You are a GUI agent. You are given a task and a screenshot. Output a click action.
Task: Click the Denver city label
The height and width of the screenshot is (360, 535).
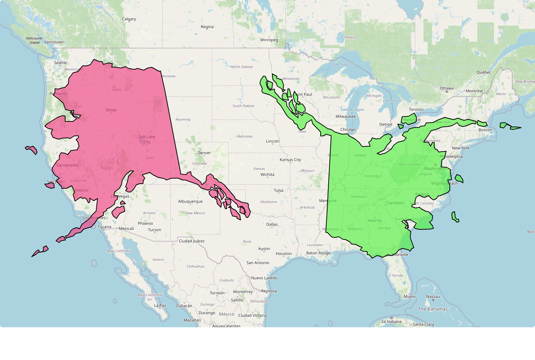tap(204, 153)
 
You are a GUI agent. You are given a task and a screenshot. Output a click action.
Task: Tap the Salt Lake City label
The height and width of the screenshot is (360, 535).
tap(147, 139)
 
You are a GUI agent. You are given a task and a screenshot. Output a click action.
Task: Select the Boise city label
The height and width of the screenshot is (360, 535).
tap(111, 110)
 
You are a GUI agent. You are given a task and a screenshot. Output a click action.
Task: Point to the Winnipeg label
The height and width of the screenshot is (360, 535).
tap(269, 40)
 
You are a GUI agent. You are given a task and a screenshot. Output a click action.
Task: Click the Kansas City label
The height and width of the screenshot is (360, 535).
tap(290, 160)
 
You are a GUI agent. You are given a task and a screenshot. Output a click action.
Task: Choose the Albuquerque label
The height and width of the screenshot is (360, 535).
tap(190, 201)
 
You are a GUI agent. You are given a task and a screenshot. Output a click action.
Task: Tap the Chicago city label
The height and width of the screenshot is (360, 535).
tap(348, 130)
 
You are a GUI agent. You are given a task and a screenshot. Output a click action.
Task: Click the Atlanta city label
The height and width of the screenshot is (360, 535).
tap(374, 220)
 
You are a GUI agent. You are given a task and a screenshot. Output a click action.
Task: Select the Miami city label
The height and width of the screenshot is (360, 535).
tap(409, 297)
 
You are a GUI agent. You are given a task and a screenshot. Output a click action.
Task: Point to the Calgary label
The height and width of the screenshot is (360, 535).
tap(129, 19)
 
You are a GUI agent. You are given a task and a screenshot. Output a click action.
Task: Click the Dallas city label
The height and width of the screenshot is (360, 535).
tap(272, 224)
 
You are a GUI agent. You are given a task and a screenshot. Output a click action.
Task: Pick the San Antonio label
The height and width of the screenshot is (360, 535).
tap(258, 263)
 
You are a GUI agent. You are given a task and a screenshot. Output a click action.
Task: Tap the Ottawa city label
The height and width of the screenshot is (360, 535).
tap(447, 88)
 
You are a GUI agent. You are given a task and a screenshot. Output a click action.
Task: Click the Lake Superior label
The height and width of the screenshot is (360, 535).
tap(343, 64)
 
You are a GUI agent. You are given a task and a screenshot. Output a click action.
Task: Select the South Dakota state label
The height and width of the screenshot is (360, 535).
tap(243, 106)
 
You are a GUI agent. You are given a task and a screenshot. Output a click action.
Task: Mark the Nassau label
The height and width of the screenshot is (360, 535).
tap(433, 297)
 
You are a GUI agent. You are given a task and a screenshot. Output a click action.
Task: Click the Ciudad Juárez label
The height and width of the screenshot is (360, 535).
tap(191, 241)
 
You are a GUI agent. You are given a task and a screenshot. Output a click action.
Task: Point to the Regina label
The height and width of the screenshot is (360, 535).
tap(207, 27)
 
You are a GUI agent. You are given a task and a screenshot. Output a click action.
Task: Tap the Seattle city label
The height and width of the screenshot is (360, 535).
tap(60, 63)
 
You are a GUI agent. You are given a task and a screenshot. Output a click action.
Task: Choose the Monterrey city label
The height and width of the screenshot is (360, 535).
tap(243, 292)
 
